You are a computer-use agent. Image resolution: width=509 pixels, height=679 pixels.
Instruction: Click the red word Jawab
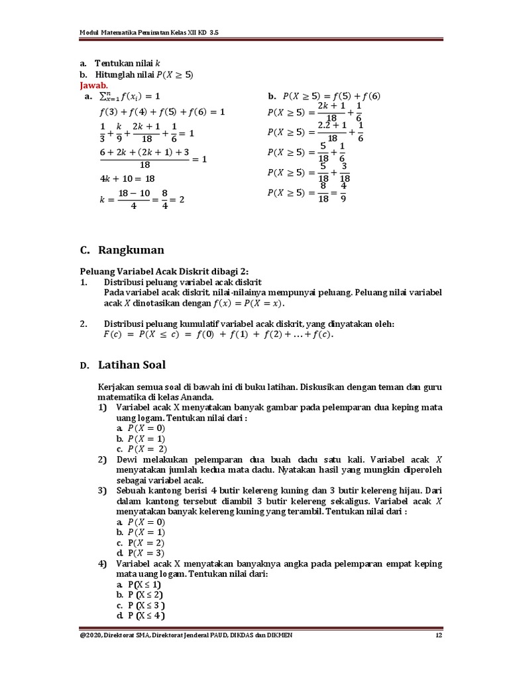tap(93, 86)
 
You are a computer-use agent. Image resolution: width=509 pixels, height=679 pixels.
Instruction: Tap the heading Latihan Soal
tap(132, 365)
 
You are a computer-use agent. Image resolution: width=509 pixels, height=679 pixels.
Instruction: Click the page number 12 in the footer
tap(438, 636)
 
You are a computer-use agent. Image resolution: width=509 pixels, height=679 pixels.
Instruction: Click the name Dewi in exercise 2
tap(129, 460)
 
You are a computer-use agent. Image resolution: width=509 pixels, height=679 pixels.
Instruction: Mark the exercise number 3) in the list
tap(103, 491)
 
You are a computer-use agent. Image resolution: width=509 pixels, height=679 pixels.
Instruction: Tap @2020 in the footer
tap(90, 636)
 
